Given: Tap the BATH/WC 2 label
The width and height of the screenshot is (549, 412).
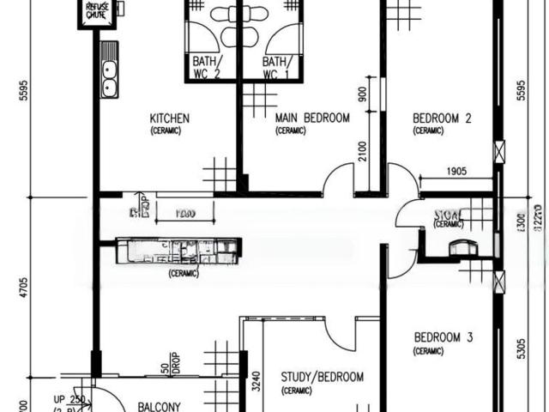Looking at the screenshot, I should click(206, 67).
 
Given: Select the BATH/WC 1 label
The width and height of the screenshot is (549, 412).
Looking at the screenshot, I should click(274, 67).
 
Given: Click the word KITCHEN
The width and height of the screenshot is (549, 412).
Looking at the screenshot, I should click(170, 118).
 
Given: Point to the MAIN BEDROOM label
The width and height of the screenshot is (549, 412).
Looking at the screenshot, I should click(312, 118).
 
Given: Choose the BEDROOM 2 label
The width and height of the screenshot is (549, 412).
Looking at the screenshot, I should click(442, 118).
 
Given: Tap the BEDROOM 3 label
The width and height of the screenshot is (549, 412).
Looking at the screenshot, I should click(443, 337).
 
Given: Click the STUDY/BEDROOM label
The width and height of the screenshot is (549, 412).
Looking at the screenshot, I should click(323, 377).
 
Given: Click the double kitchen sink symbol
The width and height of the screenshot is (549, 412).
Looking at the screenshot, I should click(109, 70).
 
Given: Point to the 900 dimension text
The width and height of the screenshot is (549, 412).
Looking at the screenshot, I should click(363, 95).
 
